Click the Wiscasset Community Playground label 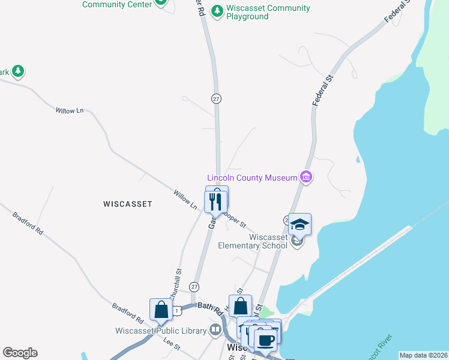point(268,13)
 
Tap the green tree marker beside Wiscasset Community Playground point(217,11)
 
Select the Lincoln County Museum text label point(252,178)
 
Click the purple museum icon point(306,177)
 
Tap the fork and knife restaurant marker point(216,202)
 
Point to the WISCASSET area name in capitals point(128,204)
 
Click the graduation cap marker point(300,225)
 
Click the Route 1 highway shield point(178,310)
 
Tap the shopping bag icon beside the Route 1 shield point(161,310)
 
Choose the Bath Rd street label point(210,307)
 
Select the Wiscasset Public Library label point(161,331)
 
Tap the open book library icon point(215,330)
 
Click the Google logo point(20,353)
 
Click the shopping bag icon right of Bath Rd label point(240,306)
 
